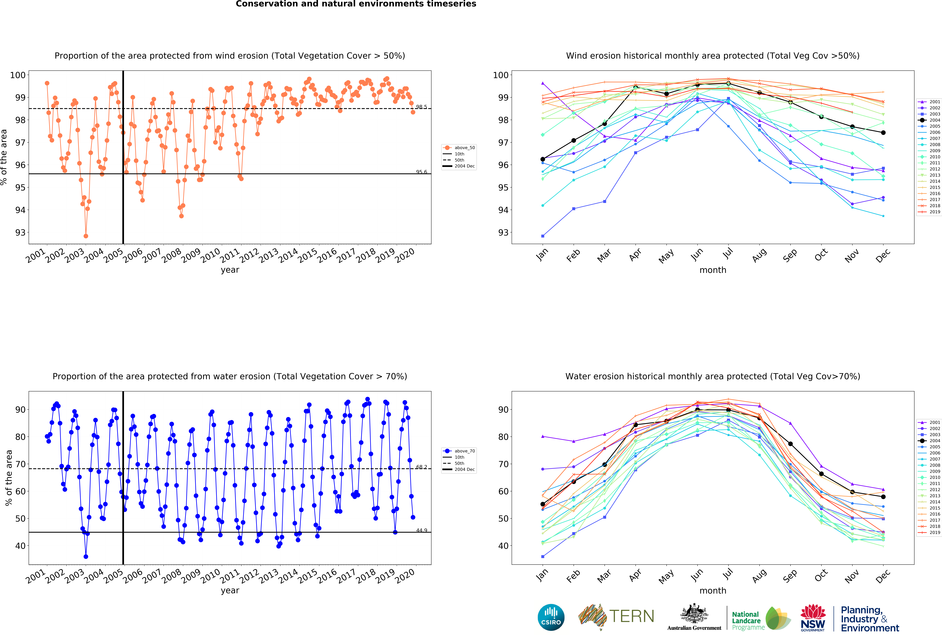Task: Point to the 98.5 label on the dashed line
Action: [421, 107]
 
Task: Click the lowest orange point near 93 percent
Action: [86, 236]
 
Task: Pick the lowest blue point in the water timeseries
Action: [86, 556]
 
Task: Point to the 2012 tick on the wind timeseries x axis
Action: [249, 255]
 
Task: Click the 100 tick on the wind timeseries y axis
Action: [18, 75]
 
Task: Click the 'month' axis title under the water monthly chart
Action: [713, 591]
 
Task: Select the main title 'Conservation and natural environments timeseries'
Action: [356, 4]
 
